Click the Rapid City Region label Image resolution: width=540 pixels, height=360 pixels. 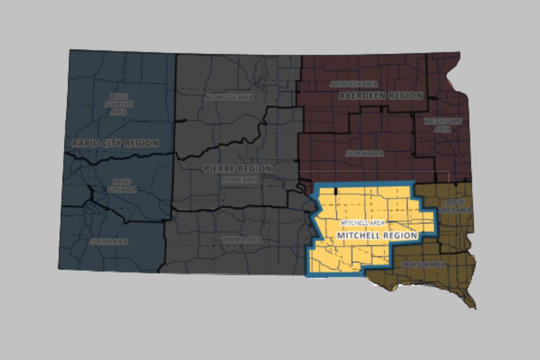(115, 143)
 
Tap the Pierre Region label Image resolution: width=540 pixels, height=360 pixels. (238, 169)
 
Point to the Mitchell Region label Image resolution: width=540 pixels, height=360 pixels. (377, 235)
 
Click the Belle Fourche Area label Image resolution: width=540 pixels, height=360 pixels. (118, 104)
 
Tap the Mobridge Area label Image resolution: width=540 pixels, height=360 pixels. (229, 97)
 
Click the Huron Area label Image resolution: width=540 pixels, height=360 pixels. (364, 153)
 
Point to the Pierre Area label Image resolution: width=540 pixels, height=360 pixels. (240, 179)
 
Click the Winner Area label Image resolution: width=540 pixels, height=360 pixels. (242, 240)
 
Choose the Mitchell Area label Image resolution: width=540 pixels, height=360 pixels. (359, 223)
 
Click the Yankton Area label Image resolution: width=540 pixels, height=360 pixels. (423, 265)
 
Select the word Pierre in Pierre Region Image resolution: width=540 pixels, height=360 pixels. (219, 169)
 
